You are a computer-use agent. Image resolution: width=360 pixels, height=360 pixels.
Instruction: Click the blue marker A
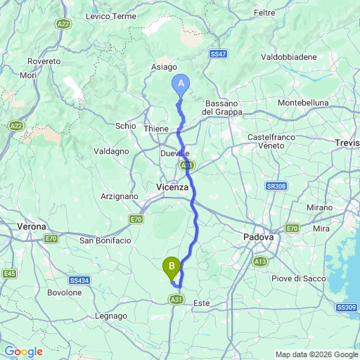181,84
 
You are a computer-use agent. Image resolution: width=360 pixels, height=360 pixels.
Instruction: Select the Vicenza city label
172,187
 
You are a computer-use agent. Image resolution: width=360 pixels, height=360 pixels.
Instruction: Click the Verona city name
32,227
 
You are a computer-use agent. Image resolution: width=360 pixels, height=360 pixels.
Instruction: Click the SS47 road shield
218,53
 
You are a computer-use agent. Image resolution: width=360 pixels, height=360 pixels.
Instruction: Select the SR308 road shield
276,186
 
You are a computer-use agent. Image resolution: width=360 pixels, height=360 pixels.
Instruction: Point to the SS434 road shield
79,280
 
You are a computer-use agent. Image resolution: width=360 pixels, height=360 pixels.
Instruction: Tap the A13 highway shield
260,262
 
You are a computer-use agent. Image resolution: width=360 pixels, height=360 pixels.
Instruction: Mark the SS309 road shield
346,307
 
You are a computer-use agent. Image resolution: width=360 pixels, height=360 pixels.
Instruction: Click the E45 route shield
9,274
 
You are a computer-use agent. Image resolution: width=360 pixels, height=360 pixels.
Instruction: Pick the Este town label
201,303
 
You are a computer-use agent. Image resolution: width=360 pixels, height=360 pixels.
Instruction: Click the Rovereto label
44,62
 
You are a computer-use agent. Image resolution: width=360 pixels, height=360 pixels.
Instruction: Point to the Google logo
23,352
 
